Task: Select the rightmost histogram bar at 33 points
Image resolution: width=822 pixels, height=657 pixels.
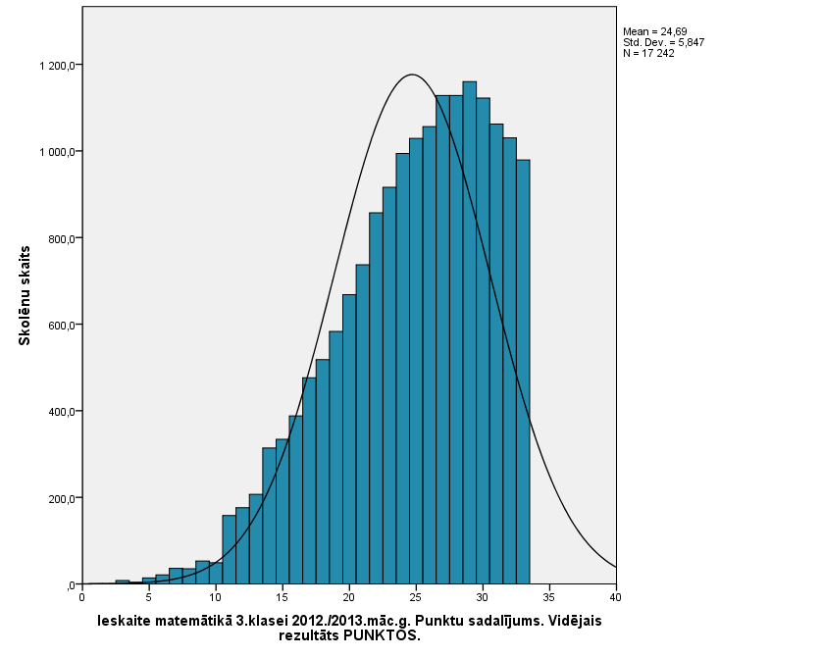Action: pyautogui.click(x=523, y=373)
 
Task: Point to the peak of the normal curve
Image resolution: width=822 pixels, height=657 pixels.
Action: pyautogui.click(x=412, y=75)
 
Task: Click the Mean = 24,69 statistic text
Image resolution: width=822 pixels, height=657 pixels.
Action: pyautogui.click(x=654, y=32)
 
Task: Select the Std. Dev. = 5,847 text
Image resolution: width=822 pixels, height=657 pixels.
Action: pyautogui.click(x=663, y=42)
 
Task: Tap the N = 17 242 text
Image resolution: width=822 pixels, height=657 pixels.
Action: pyautogui.click(x=648, y=53)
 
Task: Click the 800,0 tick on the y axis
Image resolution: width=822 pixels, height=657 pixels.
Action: pyautogui.click(x=61, y=238)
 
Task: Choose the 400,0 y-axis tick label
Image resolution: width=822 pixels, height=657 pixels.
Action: pyautogui.click(x=61, y=412)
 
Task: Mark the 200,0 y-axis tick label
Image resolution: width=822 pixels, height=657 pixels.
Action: pyautogui.click(x=61, y=498)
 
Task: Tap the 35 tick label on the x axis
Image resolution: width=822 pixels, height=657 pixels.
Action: pyautogui.click(x=549, y=596)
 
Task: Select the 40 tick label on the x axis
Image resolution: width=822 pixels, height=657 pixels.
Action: pyautogui.click(x=616, y=596)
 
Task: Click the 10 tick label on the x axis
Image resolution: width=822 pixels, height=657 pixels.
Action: pyautogui.click(x=215, y=596)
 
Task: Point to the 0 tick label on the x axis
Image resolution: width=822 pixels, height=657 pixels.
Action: pyautogui.click(x=81, y=596)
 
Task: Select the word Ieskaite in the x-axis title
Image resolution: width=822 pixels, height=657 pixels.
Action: pyautogui.click(x=126, y=621)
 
